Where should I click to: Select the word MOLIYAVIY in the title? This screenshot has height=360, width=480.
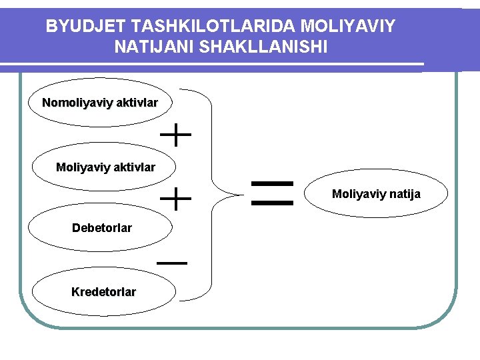(348, 27)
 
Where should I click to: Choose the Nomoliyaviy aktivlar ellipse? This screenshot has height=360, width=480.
(100, 103)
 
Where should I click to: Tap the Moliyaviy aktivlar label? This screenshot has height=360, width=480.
(105, 167)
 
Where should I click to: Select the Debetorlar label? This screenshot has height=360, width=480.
(102, 228)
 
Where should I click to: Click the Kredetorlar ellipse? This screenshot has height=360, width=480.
(103, 292)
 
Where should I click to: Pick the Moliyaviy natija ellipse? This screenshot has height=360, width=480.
(377, 195)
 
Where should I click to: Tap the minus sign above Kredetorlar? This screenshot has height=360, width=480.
(172, 263)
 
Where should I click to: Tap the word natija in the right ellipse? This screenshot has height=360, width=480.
(406, 195)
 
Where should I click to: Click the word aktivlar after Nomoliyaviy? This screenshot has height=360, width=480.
(137, 103)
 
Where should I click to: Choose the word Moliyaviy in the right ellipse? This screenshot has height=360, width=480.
(359, 195)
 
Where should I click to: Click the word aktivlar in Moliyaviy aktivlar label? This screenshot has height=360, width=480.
(134, 167)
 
